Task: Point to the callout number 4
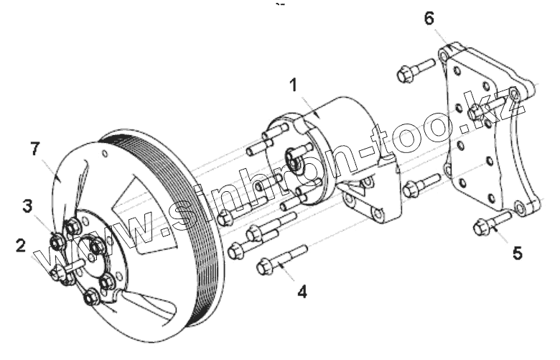[303, 292]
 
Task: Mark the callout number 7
[34, 149]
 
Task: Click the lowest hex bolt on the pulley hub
[91, 296]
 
